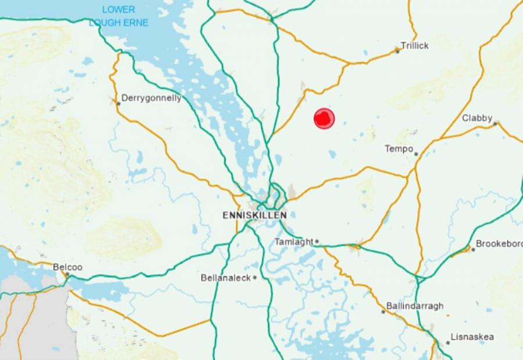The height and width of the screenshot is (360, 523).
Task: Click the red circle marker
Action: pyautogui.click(x=324, y=118)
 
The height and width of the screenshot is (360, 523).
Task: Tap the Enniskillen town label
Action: pyautogui.click(x=254, y=215)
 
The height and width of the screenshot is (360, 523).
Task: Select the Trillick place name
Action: pyautogui.click(x=415, y=45)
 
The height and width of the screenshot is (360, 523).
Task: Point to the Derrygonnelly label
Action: pyautogui.click(x=151, y=98)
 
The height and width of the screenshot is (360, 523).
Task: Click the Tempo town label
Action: pyautogui.click(x=399, y=149)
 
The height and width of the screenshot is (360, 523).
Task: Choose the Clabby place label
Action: pyautogui.click(x=477, y=118)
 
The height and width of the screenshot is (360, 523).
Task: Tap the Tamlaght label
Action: pyautogui.click(x=293, y=242)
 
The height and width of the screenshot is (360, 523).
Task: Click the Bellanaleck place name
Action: pyautogui.click(x=225, y=278)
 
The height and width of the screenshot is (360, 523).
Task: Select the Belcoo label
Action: pyautogui.click(x=67, y=267)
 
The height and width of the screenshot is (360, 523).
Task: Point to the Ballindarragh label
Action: pyautogui.click(x=414, y=305)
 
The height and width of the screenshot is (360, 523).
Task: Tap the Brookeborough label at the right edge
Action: pyautogui.click(x=499, y=244)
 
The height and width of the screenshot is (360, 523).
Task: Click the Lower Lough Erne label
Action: pyautogui.click(x=119, y=16)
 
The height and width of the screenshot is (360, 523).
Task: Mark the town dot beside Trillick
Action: pyautogui.click(x=397, y=51)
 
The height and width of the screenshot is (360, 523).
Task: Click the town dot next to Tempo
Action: pyautogui.click(x=416, y=154)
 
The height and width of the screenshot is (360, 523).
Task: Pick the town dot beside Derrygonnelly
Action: pyautogui.click(x=118, y=104)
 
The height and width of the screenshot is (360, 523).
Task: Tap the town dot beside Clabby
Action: pyautogui.click(x=496, y=123)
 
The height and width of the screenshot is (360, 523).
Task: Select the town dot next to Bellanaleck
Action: pyautogui.click(x=255, y=278)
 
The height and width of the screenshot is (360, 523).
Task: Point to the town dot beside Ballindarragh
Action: pyautogui.click(x=383, y=312)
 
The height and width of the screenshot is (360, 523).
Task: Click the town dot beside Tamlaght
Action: pyautogui.click(x=317, y=242)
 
